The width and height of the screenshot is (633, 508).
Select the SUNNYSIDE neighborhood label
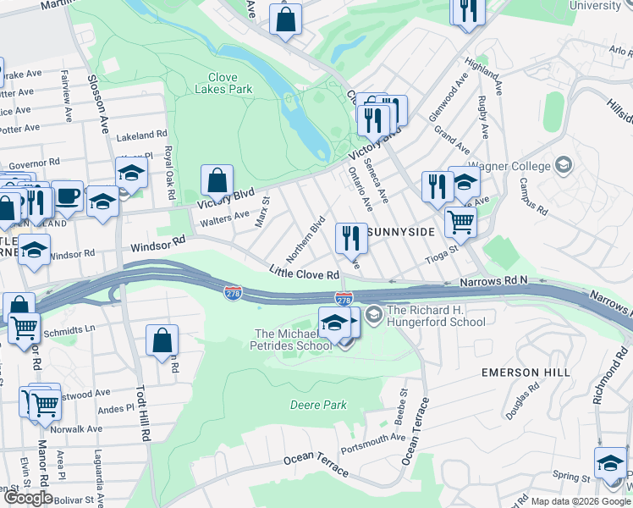point(402,231)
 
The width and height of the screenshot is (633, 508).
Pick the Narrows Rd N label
point(493,280)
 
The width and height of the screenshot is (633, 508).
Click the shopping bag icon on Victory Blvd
point(217,180)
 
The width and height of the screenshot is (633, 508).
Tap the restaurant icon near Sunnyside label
point(351,239)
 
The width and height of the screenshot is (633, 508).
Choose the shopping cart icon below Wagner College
point(460,223)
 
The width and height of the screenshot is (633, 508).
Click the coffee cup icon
point(67,196)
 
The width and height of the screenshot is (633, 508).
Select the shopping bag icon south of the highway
point(162,341)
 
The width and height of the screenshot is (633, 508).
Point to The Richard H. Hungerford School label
point(436,316)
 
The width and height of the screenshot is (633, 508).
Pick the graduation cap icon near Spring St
point(611,464)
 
